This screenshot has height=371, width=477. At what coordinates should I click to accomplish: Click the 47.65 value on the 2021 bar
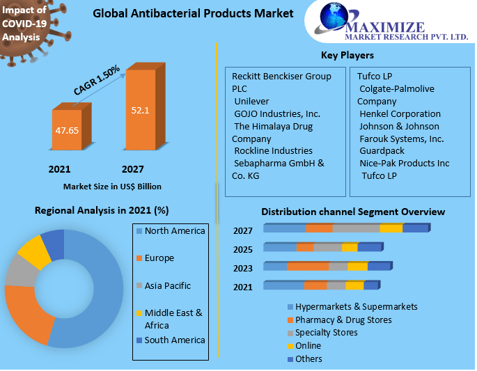click(x=68, y=129)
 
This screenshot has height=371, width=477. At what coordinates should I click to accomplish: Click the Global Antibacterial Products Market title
click(x=193, y=13)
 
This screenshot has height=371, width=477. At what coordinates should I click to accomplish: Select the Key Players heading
click(x=347, y=55)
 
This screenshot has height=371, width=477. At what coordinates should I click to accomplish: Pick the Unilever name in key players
click(x=252, y=101)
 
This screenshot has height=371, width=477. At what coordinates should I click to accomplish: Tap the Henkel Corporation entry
click(x=400, y=113)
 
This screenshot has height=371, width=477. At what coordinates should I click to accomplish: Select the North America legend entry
click(x=174, y=231)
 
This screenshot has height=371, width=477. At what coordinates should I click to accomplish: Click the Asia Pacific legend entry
click(x=167, y=285)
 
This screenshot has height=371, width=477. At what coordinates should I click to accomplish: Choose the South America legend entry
click(x=174, y=340)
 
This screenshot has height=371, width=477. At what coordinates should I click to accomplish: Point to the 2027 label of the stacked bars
click(x=243, y=231)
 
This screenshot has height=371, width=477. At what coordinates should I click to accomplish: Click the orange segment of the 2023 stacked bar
click(x=307, y=266)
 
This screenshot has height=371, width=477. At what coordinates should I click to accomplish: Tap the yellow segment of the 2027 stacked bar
click(x=391, y=228)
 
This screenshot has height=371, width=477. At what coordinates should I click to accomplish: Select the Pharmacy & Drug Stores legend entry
click(x=343, y=319)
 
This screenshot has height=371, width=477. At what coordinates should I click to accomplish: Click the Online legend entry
click(x=308, y=345)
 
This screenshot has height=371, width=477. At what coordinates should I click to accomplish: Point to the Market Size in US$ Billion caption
click(x=112, y=187)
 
